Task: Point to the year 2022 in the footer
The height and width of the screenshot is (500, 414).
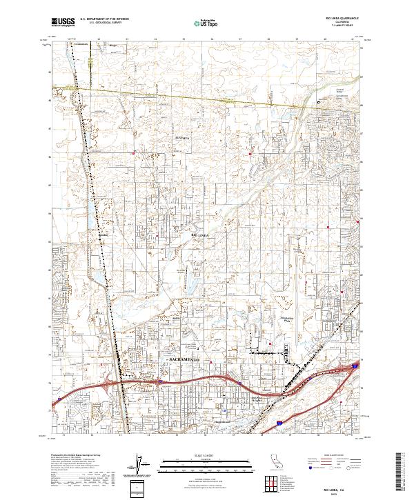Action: tap(338, 492)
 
